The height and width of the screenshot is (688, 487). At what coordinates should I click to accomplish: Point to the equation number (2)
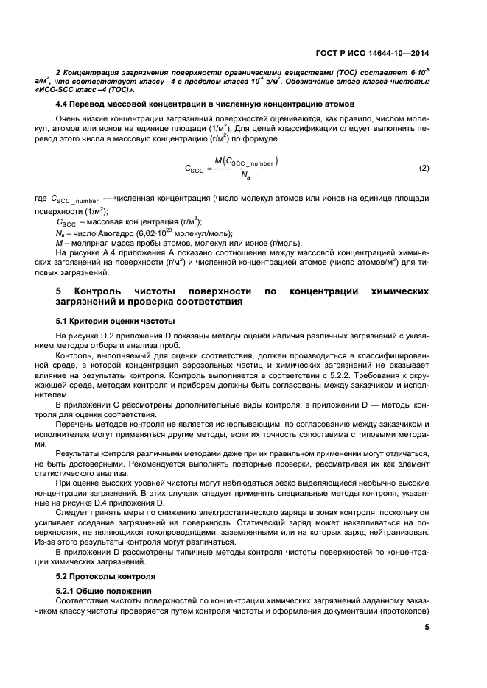click(x=424, y=169)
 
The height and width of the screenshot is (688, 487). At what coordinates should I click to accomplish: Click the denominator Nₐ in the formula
click(x=245, y=177)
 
